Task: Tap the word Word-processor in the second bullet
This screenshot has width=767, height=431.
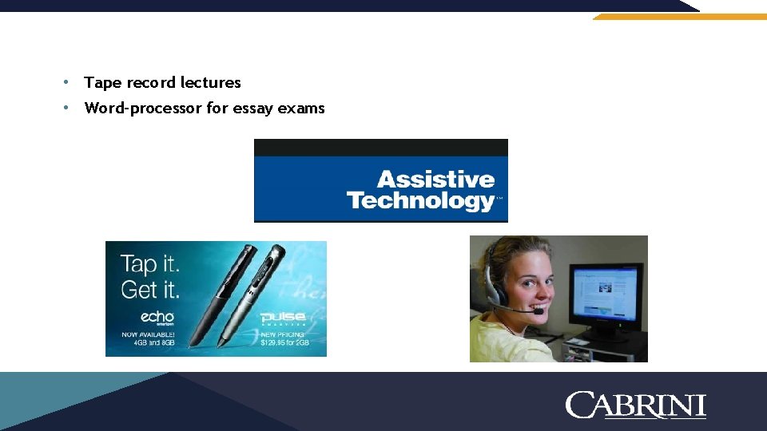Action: [x=143, y=108]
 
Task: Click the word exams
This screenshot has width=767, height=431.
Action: [x=301, y=108]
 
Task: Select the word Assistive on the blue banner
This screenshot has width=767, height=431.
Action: [x=435, y=180]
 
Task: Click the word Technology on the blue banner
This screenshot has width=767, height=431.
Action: [x=421, y=200]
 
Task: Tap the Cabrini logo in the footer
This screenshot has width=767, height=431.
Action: [x=635, y=405]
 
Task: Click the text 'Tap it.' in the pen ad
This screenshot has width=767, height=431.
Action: [x=149, y=264]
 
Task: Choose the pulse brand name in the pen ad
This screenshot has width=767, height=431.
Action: [x=282, y=318]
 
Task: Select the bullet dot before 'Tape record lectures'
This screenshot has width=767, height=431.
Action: [x=69, y=82]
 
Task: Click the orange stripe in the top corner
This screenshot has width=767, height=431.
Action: [x=679, y=16]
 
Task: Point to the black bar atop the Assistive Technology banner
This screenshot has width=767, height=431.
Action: [x=380, y=147]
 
